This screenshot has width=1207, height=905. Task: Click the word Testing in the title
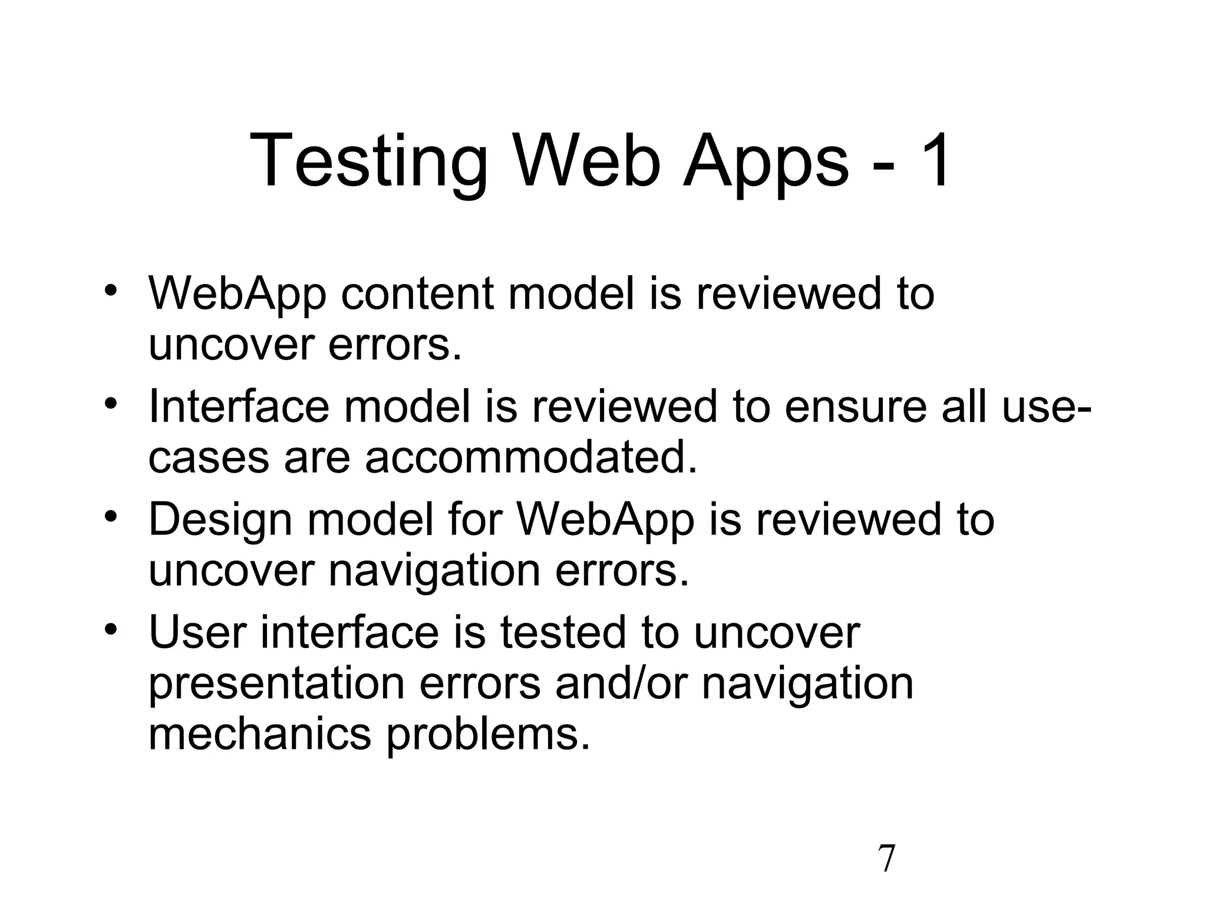click(x=368, y=161)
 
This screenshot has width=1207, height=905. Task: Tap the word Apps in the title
click(x=765, y=161)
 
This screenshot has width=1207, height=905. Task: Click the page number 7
click(x=886, y=859)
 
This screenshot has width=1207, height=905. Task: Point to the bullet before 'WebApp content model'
click(x=111, y=291)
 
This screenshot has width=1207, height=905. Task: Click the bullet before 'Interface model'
click(x=111, y=404)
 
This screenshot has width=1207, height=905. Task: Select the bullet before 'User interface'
click(x=111, y=629)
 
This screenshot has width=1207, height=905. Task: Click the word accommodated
click(x=530, y=457)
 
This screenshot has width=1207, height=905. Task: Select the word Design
click(x=220, y=520)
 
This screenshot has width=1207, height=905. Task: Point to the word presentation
click(x=276, y=683)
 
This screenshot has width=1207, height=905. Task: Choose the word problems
click(x=488, y=735)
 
